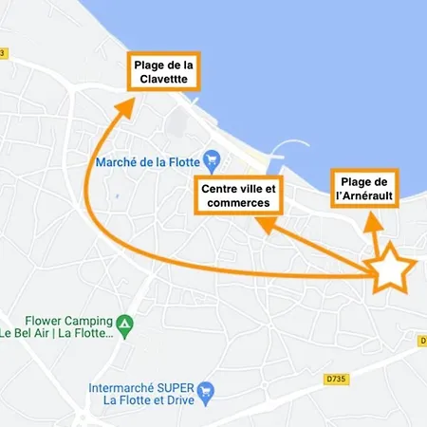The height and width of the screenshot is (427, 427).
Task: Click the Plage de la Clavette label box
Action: (x=163, y=72)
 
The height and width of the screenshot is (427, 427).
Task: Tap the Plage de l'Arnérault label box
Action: (x=365, y=188)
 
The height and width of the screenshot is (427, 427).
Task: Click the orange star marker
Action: (x=390, y=271)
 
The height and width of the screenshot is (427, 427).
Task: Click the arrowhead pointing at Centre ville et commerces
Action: (x=267, y=224)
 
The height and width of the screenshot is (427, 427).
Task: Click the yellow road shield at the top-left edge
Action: (x=3, y=53)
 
